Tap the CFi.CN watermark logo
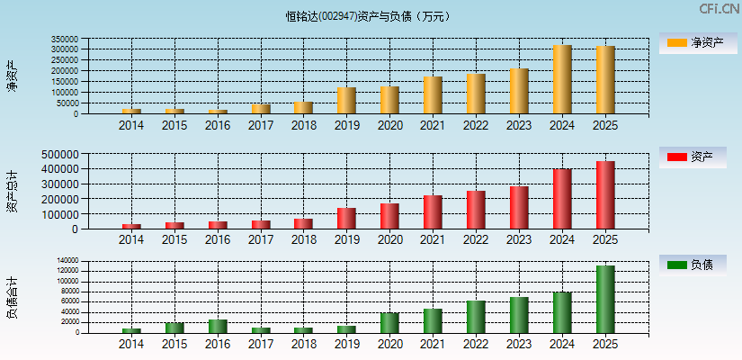(719, 9)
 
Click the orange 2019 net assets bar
(346, 101)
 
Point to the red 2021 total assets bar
(433, 212)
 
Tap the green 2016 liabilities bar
(218, 326)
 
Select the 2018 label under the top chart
(303, 126)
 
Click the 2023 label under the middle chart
(519, 240)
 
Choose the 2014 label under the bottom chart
(131, 344)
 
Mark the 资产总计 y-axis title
(12, 191)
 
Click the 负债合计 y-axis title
(12, 298)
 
